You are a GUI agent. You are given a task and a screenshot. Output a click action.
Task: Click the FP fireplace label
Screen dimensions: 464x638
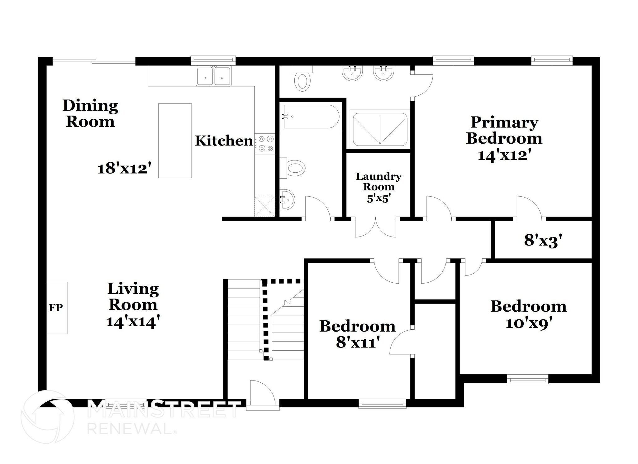56,308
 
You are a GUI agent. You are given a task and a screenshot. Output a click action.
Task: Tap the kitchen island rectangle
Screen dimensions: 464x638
175,141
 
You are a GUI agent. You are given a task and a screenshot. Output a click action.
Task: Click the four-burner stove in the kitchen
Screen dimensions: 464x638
265,143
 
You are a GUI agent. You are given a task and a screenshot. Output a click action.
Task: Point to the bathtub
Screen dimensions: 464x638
311,117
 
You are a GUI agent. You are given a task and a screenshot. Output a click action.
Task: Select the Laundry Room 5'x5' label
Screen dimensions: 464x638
379,187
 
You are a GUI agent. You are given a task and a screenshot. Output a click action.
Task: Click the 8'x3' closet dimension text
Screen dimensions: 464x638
543,241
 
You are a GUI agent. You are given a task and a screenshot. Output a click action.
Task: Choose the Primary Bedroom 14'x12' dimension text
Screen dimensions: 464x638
504,155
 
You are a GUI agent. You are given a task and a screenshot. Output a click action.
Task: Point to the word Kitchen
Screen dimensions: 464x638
224,141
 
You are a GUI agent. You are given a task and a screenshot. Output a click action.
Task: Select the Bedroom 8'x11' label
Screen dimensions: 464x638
357,334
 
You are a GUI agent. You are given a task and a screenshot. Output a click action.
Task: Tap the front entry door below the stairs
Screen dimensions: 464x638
262,395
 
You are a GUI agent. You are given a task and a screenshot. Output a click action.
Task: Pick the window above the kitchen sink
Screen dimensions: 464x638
213,59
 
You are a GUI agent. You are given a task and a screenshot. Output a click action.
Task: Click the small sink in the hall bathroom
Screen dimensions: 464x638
287,199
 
